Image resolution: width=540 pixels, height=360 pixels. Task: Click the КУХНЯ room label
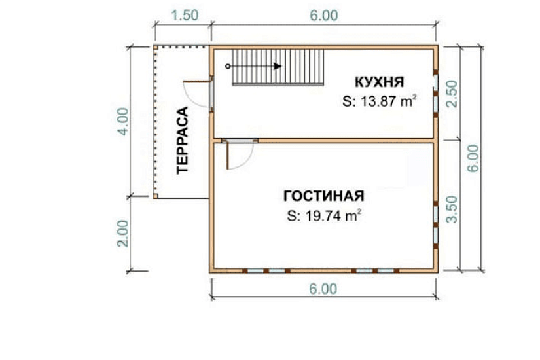tap(379, 82)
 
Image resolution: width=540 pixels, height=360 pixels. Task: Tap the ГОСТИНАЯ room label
tap(323, 196)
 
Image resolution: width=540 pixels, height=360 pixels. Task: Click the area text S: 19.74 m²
tap(324, 215)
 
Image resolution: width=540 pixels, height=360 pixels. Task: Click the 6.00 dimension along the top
tap(324, 16)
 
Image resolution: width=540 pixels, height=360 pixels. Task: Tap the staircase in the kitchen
tap(278, 67)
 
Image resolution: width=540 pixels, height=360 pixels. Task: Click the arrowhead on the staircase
tap(278, 66)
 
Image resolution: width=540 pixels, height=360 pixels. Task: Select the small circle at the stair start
tap(228, 66)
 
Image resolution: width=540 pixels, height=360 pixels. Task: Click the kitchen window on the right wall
tap(436, 82)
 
